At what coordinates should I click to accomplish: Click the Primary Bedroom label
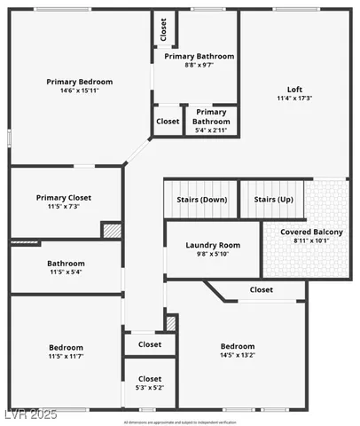[x=80, y=82]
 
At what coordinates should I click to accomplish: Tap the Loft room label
[x=295, y=89]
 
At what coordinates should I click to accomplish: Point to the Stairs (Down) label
[x=203, y=200]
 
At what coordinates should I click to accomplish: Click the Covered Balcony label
[x=311, y=232]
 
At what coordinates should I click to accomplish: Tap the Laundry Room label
[x=213, y=245]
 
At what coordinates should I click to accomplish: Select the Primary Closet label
[x=64, y=198]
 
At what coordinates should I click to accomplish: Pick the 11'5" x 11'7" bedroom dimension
[x=66, y=356]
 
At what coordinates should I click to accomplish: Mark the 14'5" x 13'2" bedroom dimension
[x=238, y=356]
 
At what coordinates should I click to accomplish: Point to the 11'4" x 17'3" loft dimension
[x=295, y=99]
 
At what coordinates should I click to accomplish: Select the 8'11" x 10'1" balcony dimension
[x=311, y=241]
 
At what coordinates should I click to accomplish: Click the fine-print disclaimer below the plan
[x=180, y=422]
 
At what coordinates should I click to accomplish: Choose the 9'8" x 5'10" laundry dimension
[x=213, y=254]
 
